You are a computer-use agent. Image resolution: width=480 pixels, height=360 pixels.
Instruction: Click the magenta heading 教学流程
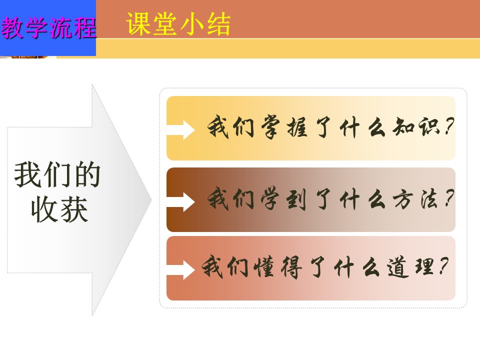[x=48, y=27]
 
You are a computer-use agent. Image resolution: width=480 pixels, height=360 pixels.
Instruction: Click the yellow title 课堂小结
[x=178, y=24]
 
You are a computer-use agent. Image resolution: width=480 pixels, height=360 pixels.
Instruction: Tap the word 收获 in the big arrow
[x=59, y=209]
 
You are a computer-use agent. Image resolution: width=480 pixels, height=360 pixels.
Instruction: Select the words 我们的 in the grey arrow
[x=57, y=174]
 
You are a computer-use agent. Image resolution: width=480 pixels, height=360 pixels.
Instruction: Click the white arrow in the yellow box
[x=180, y=130]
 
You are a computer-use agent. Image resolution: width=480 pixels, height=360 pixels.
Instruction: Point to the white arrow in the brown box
[x=180, y=201]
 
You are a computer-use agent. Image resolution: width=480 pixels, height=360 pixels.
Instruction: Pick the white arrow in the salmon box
[x=180, y=269]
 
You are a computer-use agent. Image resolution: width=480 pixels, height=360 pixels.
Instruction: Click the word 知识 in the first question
[x=417, y=126]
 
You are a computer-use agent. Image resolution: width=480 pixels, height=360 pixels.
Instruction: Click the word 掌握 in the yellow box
[x=284, y=126]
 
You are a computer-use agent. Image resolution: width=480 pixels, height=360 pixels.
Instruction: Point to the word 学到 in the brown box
[x=283, y=199]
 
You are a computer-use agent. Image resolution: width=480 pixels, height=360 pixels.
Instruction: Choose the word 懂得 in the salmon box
[x=278, y=267]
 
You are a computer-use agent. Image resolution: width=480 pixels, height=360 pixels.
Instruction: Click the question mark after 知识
[x=449, y=126]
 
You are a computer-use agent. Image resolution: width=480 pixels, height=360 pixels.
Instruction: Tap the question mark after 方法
[x=449, y=198]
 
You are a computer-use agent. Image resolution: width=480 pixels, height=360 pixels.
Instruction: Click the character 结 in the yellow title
[x=218, y=24]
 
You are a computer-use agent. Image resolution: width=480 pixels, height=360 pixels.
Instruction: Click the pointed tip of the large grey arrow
[x=151, y=200]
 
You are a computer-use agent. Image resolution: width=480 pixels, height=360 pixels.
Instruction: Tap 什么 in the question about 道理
[x=357, y=267]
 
